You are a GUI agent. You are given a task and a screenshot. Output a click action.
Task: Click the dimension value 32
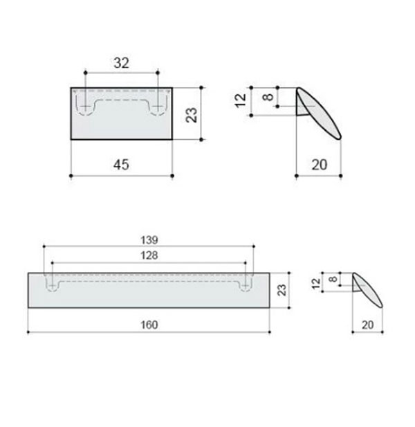[x=121, y=63]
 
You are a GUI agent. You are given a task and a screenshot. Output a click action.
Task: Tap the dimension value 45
[x=121, y=165]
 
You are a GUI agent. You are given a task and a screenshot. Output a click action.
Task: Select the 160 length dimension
[x=149, y=325]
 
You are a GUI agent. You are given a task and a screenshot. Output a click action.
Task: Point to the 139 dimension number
[x=149, y=240]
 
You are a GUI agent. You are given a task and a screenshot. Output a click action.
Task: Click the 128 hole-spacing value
[x=149, y=255]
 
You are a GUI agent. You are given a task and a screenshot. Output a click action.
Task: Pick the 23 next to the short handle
[x=192, y=115]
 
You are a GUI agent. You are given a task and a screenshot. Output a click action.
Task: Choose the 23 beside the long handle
[x=282, y=290]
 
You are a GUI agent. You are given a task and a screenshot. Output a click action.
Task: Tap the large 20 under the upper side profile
[x=320, y=165]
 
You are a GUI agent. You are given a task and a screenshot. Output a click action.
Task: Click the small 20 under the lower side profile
[x=368, y=325]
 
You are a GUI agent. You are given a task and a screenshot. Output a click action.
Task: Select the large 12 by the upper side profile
[x=240, y=100]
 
